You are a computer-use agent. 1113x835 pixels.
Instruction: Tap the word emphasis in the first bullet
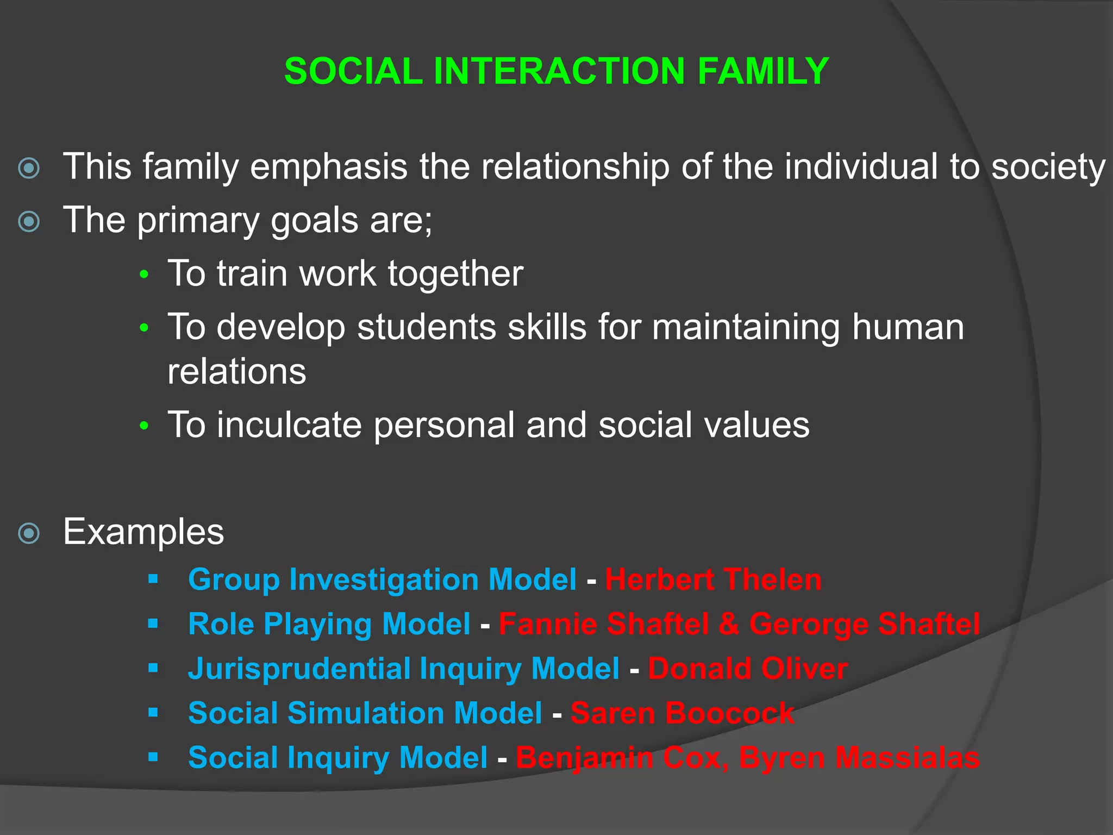tap(328, 166)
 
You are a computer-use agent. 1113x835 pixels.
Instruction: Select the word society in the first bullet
tap(1048, 167)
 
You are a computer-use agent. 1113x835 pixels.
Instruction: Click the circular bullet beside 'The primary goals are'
tap(29, 222)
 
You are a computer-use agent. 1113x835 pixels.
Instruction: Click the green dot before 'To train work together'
tap(144, 275)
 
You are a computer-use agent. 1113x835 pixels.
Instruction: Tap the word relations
tap(237, 372)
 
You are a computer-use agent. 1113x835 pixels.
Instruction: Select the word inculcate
tap(289, 425)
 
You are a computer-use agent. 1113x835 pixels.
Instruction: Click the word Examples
tap(143, 532)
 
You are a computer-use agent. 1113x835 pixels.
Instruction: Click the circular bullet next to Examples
tap(29, 533)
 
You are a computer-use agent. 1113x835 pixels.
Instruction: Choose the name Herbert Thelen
tap(713, 579)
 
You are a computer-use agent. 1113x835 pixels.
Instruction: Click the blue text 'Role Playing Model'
tap(329, 624)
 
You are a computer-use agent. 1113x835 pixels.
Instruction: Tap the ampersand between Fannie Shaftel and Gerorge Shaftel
tap(729, 624)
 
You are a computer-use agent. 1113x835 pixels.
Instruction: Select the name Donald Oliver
tap(747, 669)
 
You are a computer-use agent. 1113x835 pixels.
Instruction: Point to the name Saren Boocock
tap(682, 713)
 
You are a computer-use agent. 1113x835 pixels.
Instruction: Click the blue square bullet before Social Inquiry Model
tap(153, 757)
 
